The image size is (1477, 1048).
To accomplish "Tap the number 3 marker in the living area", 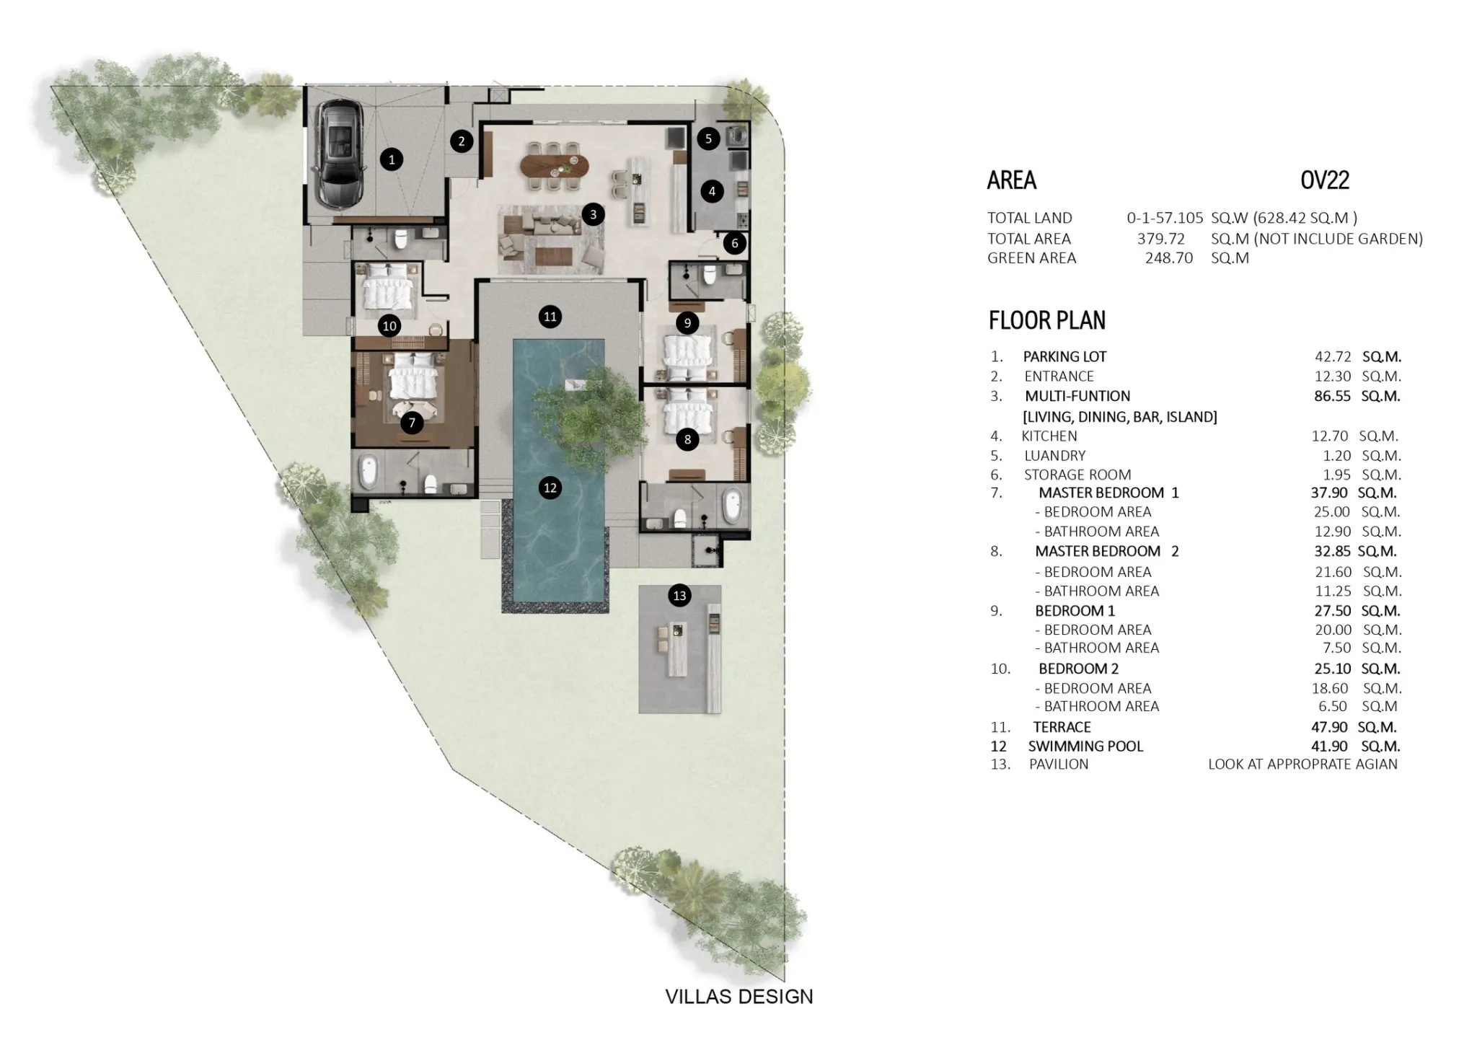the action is [593, 214].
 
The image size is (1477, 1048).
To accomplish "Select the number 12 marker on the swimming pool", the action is [550, 488].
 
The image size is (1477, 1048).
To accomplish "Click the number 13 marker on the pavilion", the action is [679, 596].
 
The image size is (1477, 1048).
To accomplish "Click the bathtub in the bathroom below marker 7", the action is [369, 472].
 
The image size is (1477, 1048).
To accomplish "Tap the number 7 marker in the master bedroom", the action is [412, 423].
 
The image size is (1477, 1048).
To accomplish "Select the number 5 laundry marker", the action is [708, 139].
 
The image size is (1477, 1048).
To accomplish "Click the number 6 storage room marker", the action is [735, 243].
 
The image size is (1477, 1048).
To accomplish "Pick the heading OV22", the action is [1325, 180].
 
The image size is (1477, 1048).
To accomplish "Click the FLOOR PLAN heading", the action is [1047, 320].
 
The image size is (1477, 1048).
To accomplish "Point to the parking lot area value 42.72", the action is [1332, 356].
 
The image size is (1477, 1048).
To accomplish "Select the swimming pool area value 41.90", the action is [1331, 747].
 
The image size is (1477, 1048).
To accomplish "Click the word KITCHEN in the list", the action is [1049, 436].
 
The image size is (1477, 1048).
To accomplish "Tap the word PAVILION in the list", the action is [1059, 765].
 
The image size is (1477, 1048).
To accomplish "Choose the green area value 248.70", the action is [1169, 257].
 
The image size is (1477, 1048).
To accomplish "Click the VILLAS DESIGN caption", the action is [739, 997].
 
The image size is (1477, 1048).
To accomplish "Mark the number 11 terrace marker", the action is [550, 317].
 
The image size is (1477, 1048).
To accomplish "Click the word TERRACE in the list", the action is [1062, 727].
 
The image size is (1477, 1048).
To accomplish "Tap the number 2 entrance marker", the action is [462, 141].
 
